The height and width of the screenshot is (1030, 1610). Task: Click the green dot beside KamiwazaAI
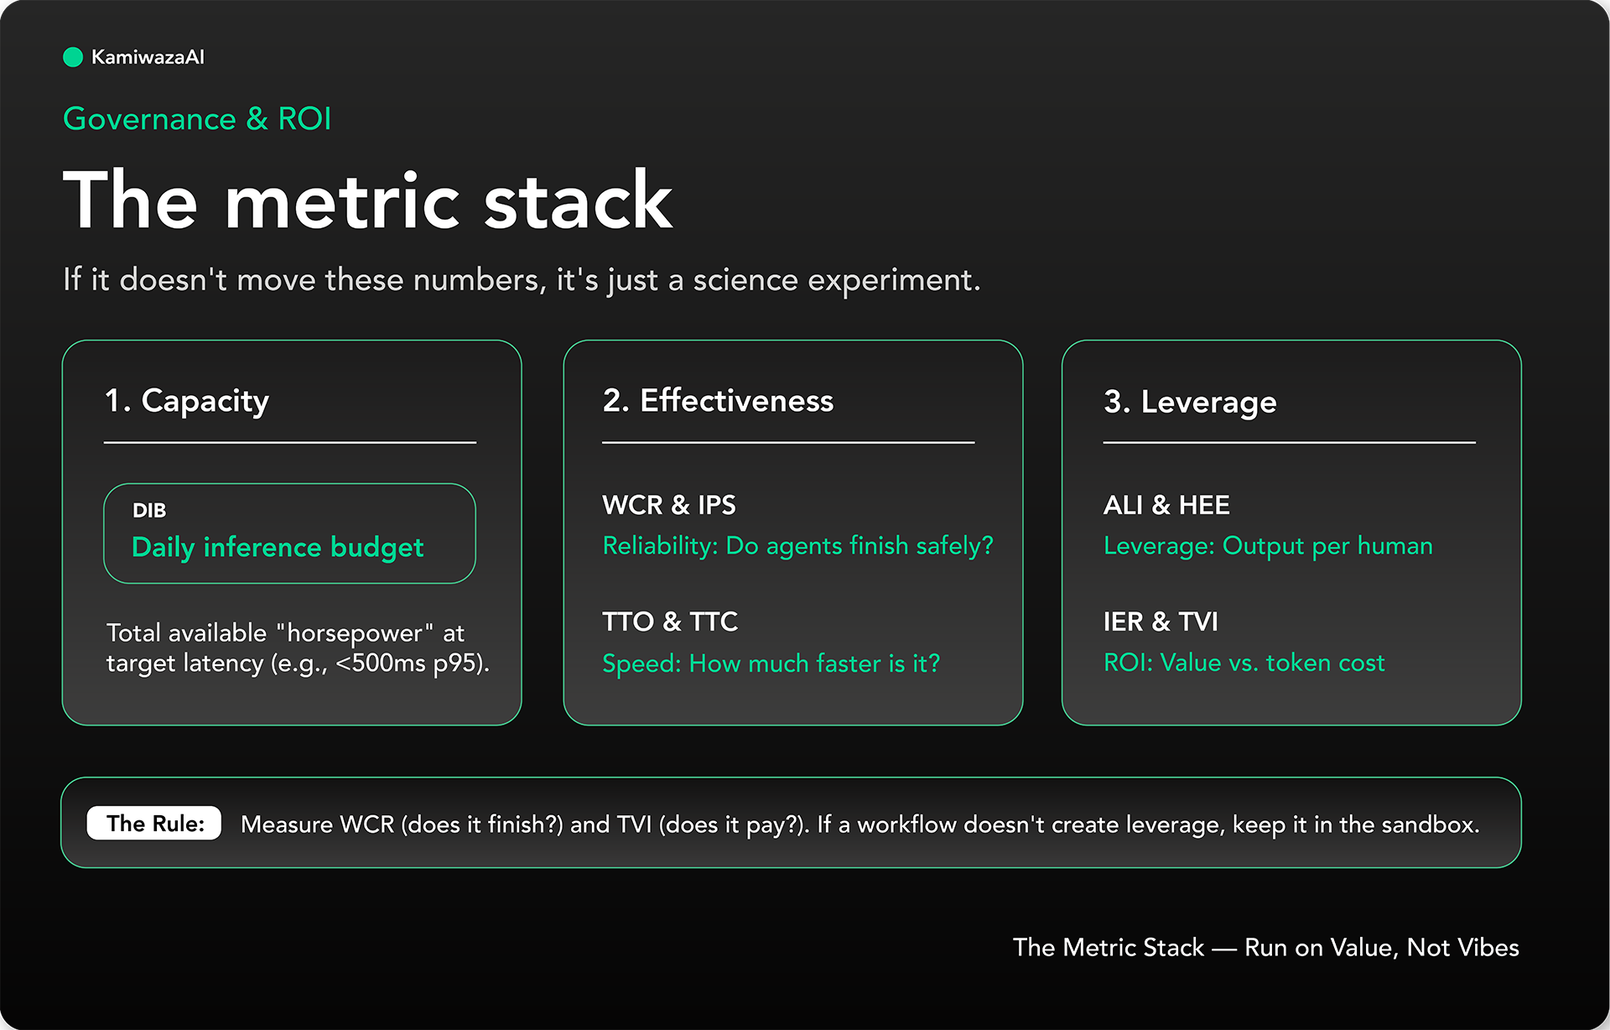73,57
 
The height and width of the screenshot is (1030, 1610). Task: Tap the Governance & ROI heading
197,119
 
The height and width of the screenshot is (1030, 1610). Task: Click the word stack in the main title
578,200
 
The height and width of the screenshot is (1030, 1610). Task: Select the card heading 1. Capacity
186,402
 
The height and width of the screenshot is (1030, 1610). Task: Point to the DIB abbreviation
149,510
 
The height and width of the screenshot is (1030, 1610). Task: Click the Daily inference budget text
278,548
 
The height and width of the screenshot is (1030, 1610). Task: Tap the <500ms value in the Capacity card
381,663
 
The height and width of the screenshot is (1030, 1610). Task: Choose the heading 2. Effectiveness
718,401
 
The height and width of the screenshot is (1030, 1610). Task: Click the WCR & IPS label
669,505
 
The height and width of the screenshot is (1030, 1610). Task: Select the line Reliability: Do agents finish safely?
798,546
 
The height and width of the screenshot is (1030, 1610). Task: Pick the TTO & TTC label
670,622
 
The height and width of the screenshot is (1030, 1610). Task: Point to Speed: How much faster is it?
771,663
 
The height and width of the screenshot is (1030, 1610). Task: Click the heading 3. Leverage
1190,403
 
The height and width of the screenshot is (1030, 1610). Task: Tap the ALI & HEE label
1166,505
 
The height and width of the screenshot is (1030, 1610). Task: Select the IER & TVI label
1161,622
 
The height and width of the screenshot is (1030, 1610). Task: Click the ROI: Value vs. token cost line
1244,663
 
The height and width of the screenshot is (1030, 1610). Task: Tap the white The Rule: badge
154,824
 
